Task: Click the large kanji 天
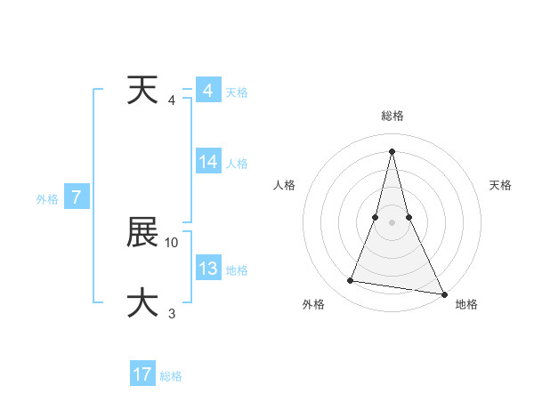click(x=142, y=90)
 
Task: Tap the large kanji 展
click(x=142, y=234)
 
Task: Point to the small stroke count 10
click(x=173, y=242)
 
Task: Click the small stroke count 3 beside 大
click(x=172, y=312)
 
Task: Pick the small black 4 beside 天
click(x=172, y=100)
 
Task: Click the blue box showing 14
click(x=208, y=162)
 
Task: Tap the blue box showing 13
click(x=208, y=269)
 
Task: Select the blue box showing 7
click(x=77, y=197)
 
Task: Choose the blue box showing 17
click(x=142, y=374)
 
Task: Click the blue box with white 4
click(x=208, y=91)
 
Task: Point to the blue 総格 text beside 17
click(x=171, y=376)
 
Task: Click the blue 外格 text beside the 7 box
click(x=47, y=200)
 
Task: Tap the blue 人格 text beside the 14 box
click(x=237, y=164)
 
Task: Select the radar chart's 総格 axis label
click(x=392, y=116)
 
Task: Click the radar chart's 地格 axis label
click(x=466, y=304)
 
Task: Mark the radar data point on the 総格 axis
click(x=392, y=150)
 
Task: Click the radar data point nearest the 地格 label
click(x=442, y=293)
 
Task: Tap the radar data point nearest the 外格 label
click(x=351, y=281)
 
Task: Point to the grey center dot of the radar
click(x=392, y=222)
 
